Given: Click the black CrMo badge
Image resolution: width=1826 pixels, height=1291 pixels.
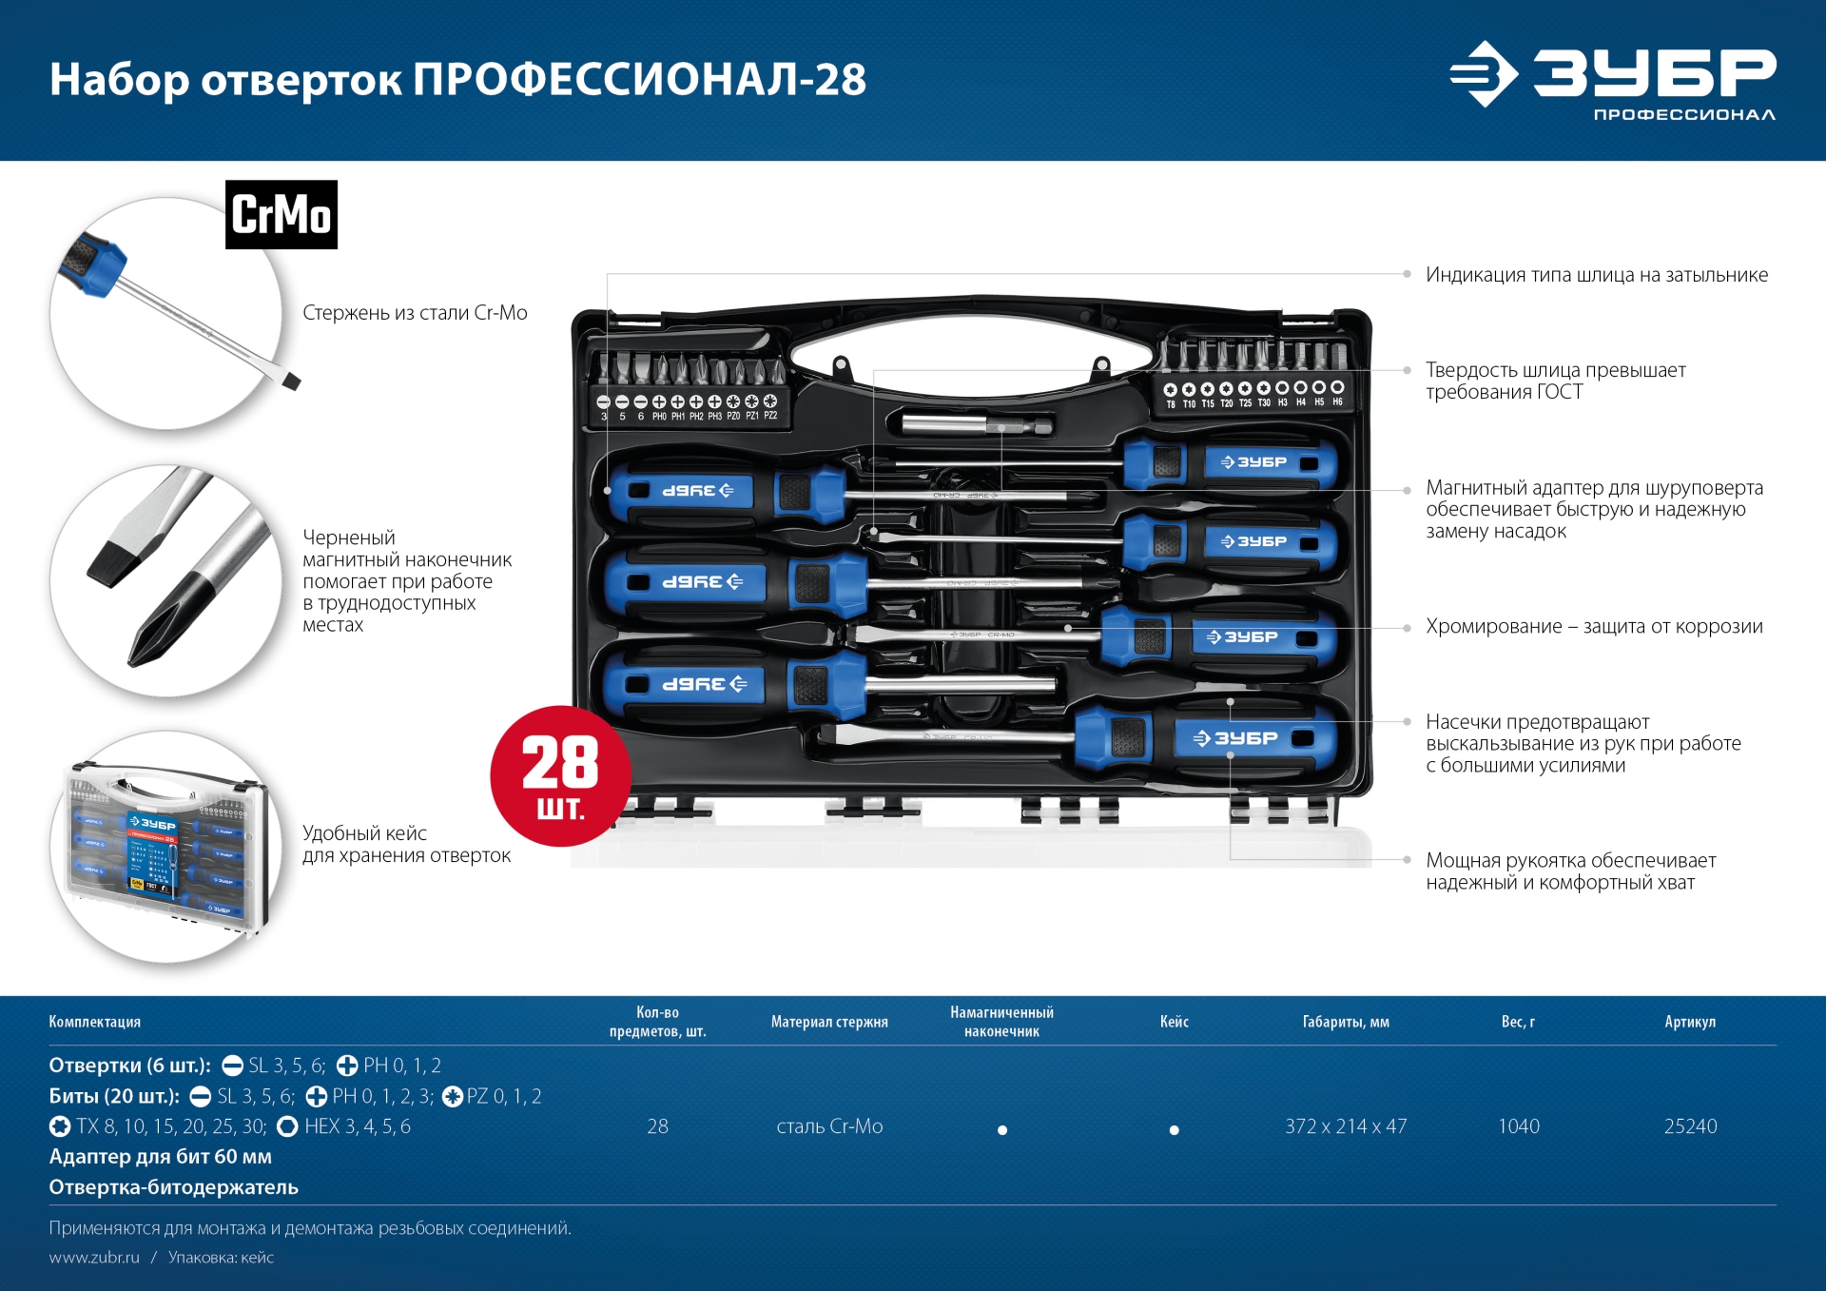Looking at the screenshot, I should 282,215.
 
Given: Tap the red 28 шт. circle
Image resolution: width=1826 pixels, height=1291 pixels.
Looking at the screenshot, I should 560,776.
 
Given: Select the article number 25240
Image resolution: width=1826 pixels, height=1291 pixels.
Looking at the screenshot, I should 1690,1126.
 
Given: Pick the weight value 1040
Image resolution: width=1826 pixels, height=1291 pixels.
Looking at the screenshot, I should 1518,1126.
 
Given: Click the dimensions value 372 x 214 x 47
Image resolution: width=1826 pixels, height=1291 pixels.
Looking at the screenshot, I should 1346,1126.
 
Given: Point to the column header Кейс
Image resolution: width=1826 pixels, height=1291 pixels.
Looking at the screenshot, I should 1174,1022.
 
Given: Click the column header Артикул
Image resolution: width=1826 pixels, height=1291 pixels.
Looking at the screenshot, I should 1690,1022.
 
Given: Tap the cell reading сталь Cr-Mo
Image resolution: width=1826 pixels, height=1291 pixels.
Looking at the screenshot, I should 829,1126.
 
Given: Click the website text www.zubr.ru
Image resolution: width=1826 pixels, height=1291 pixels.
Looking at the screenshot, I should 94,1258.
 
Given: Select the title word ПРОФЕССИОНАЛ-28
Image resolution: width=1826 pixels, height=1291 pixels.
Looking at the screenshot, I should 639,79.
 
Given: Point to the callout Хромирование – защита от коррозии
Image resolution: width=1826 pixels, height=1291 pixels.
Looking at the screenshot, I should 1594,626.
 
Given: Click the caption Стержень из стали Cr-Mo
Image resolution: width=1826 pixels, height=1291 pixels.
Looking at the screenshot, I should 415,313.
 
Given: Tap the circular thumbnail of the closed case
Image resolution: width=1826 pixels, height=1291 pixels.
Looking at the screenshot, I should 166,847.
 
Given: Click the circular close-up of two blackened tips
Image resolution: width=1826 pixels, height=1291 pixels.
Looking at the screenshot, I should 166,580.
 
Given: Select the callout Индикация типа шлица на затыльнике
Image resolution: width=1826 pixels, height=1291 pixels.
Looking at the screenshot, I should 1597,275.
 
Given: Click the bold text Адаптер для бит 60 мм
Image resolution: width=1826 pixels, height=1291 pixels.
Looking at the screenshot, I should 161,1157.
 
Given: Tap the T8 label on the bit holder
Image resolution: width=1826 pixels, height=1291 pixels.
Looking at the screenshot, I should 1171,404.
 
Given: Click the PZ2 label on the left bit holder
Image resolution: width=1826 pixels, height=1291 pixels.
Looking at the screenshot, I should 770,416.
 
